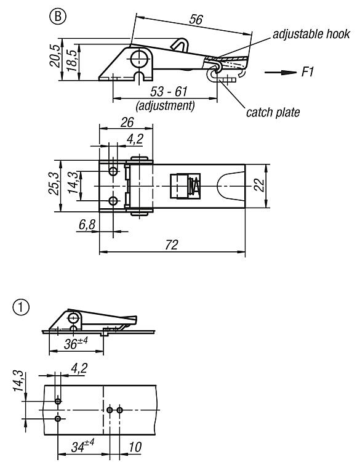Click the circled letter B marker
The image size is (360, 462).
(58, 16)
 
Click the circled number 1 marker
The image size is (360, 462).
(21, 307)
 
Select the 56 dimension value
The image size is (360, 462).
(196, 20)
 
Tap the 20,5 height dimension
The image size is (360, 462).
(55, 56)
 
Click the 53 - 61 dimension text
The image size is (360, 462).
(169, 92)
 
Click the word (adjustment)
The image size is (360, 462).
(165, 105)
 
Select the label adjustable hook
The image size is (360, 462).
(311, 34)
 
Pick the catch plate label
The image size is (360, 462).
(273, 113)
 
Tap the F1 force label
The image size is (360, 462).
(308, 72)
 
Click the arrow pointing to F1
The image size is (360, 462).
(280, 73)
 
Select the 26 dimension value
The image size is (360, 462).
(127, 123)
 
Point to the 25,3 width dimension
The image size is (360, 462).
(54, 184)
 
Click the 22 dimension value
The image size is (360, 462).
(260, 185)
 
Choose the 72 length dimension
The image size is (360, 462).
(172, 245)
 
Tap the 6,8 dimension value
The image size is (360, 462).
(87, 225)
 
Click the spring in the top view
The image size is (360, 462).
(194, 186)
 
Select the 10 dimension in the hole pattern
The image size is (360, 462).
(135, 447)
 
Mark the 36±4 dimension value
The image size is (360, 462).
(76, 343)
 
